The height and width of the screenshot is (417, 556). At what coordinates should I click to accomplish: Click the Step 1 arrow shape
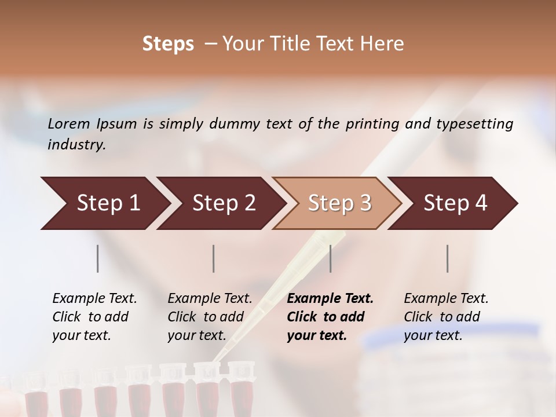[x=104, y=203]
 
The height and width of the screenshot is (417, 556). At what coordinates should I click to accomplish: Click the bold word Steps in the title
[x=168, y=44]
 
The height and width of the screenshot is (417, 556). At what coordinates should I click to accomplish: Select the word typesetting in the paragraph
[x=478, y=123]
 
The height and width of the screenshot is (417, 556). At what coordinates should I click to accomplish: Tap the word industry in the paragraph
[x=76, y=144]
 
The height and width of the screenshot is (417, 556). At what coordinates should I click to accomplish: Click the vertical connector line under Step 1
[x=98, y=258]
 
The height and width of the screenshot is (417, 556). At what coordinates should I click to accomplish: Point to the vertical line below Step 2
[x=214, y=258]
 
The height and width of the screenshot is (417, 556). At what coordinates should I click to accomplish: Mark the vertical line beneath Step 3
[x=331, y=258]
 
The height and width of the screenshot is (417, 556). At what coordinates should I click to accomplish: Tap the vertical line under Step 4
[x=448, y=258]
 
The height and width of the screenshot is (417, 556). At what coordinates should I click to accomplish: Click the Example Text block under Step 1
[x=94, y=317]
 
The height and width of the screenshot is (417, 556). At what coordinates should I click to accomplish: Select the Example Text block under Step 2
[x=210, y=317]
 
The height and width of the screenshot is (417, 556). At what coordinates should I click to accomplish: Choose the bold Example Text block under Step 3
[x=330, y=317]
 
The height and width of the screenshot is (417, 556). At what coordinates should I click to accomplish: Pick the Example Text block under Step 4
[x=446, y=317]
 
